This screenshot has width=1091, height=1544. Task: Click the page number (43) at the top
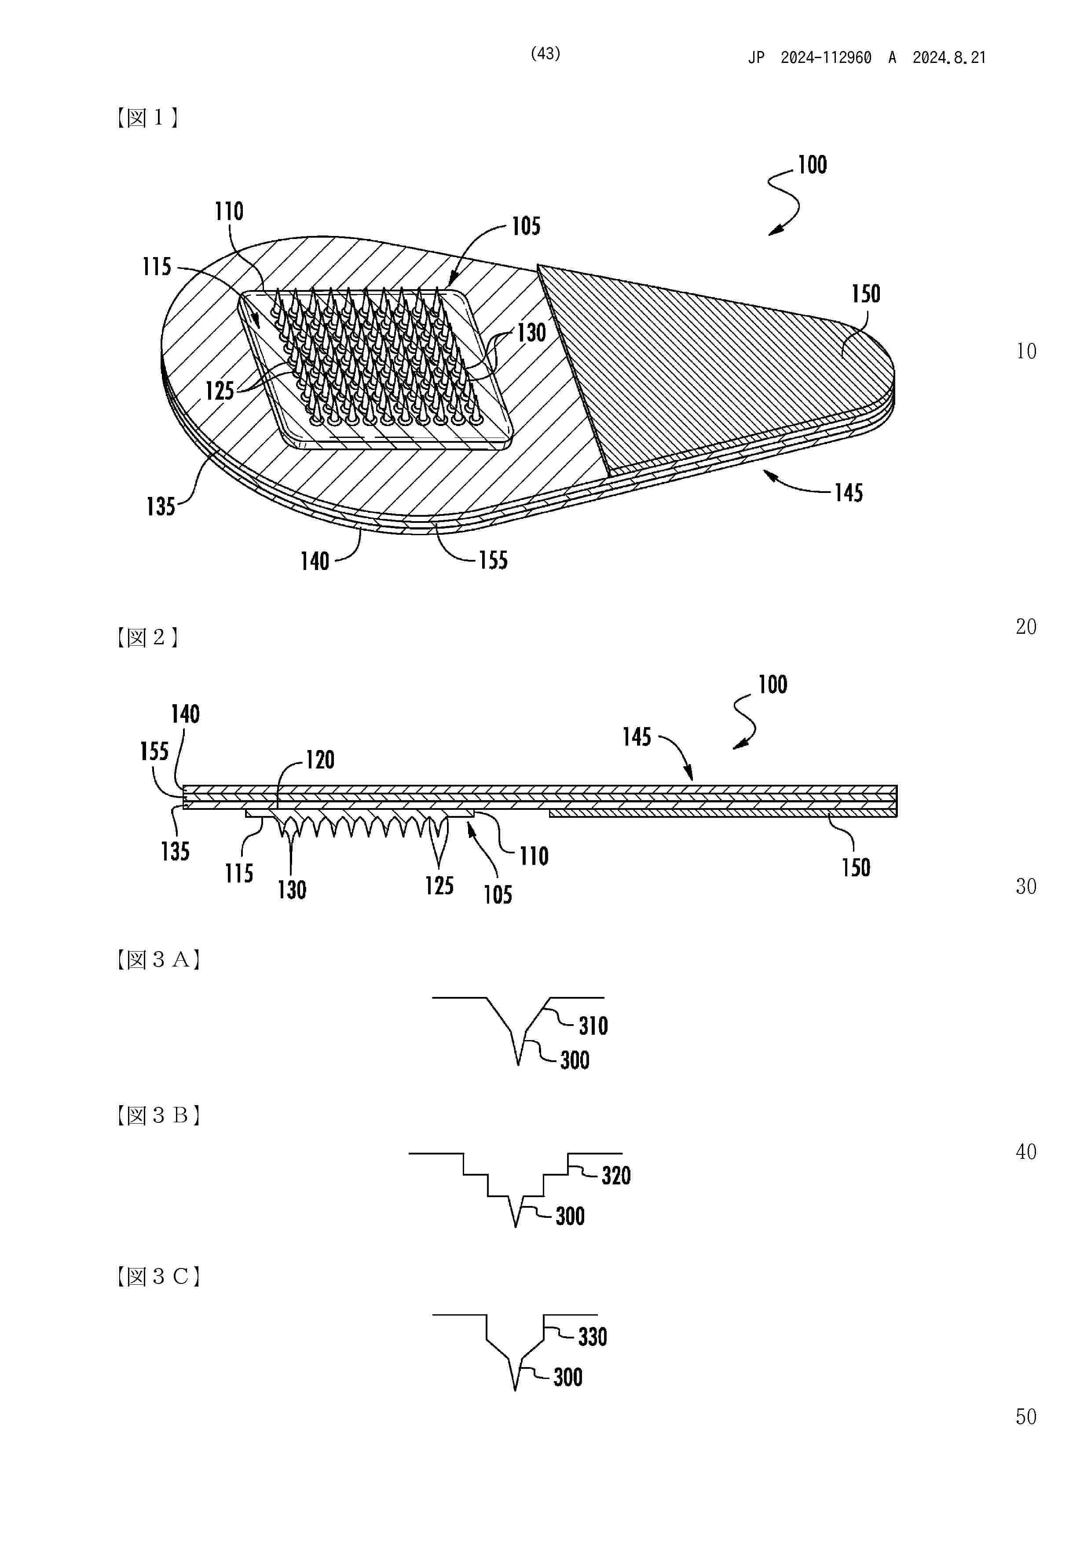click(x=545, y=54)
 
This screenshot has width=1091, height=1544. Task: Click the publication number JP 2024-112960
click(x=810, y=58)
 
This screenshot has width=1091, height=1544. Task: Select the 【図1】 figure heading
click(x=147, y=118)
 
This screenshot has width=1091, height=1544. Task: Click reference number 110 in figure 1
click(x=229, y=212)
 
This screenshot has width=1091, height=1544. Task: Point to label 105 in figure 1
click(x=526, y=227)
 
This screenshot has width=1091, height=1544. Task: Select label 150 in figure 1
click(x=865, y=294)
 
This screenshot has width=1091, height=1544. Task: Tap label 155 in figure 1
click(x=493, y=561)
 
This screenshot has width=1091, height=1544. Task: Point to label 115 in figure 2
click(x=238, y=874)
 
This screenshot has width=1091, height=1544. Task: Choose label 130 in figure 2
click(x=292, y=890)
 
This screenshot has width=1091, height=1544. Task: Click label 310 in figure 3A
click(x=593, y=1026)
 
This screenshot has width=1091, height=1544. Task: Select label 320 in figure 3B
click(x=616, y=1176)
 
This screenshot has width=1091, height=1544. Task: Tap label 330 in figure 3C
click(x=592, y=1337)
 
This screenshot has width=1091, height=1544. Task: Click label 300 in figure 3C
click(x=568, y=1377)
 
